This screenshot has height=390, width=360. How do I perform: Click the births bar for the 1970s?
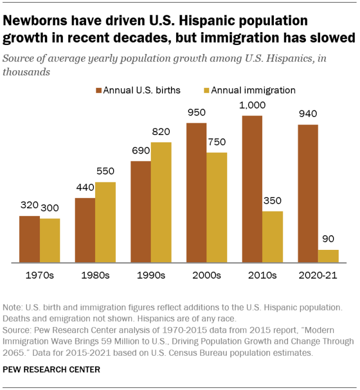point(29,239)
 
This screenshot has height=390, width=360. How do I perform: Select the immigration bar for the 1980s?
point(105,222)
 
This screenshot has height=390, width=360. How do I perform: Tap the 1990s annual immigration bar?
point(161,203)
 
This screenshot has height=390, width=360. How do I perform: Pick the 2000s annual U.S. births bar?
point(196,192)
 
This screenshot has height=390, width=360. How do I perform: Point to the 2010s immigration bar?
point(272,237)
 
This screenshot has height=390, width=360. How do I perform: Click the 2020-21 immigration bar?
point(328,256)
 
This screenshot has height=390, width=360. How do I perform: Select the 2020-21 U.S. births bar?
point(308,194)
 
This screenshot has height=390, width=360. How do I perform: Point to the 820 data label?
point(161,132)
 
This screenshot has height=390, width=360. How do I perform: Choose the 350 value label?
point(272,201)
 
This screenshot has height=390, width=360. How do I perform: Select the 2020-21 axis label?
point(318,276)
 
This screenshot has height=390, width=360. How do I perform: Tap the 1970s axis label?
point(39,276)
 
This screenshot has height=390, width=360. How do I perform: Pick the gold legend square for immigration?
point(206,90)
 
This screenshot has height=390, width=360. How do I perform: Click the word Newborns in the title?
point(33,22)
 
